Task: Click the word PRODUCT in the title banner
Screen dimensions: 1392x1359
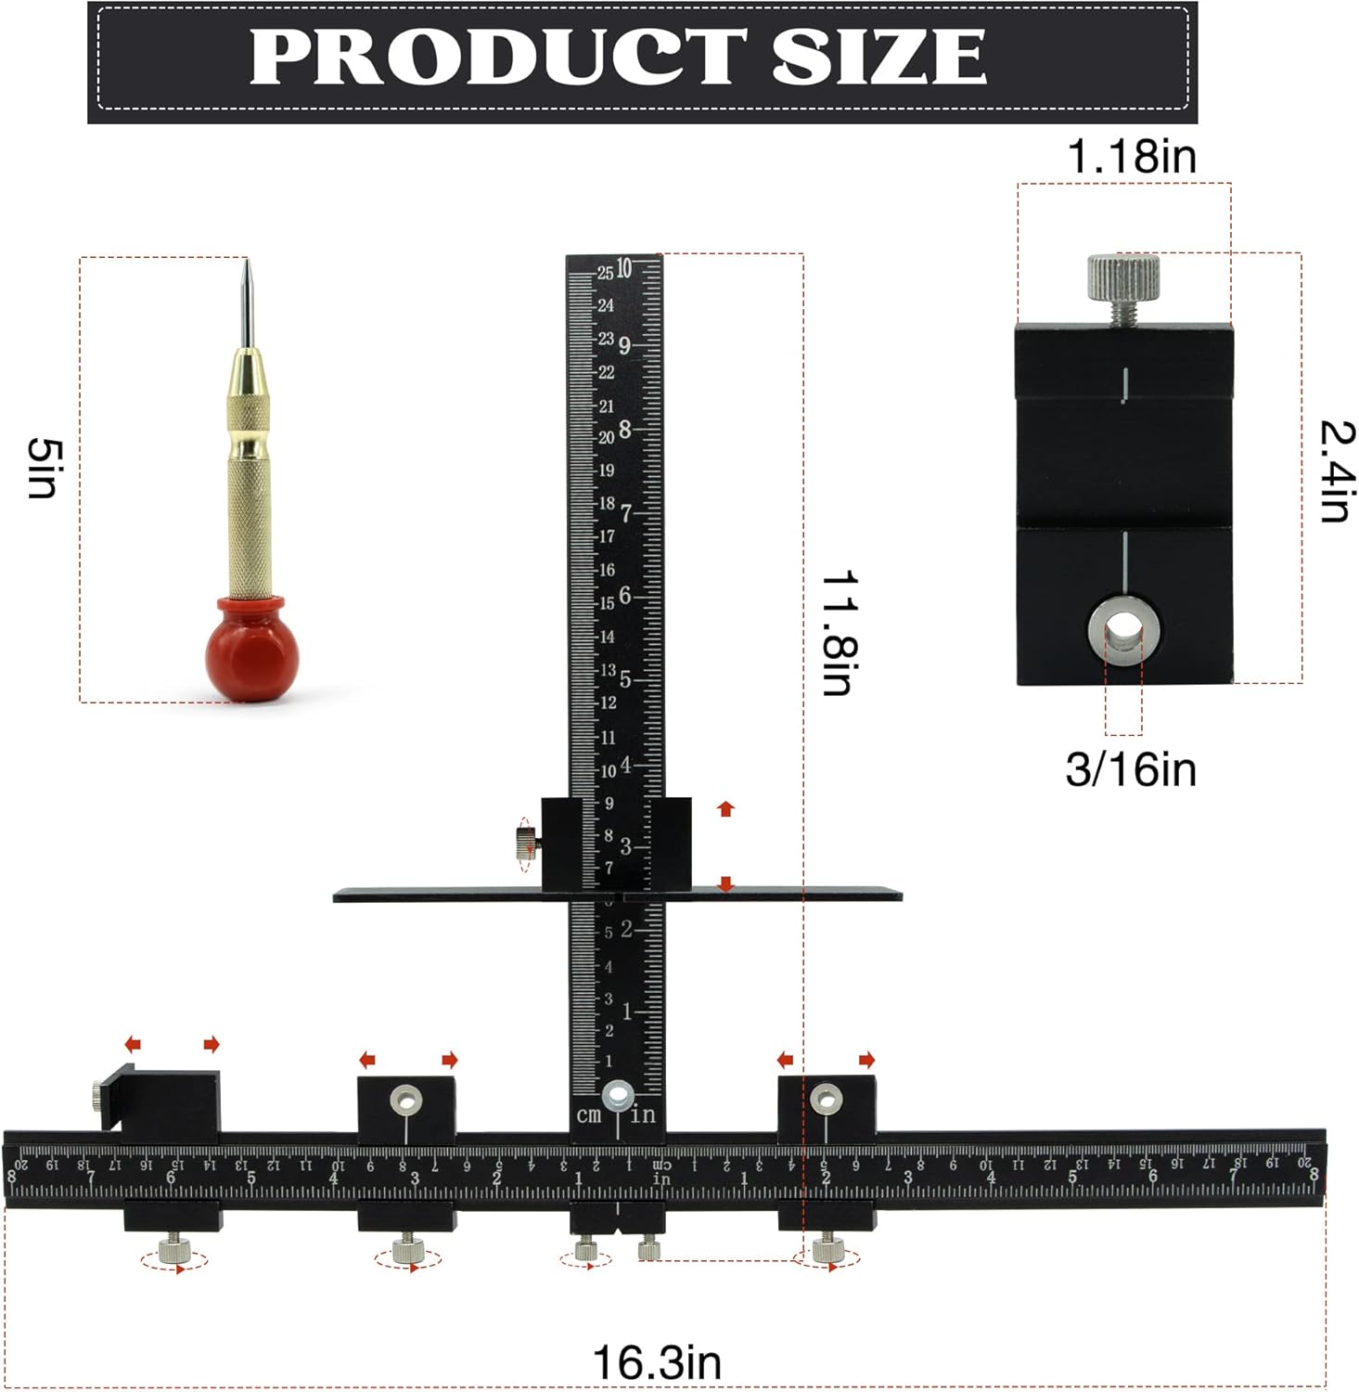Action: [x=497, y=57]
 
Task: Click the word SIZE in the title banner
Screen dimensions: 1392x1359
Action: [x=878, y=57]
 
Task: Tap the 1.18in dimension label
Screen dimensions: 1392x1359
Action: [x=1131, y=156]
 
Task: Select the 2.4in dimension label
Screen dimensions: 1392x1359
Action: [x=1337, y=471]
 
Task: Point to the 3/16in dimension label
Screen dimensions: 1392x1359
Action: [x=1130, y=770]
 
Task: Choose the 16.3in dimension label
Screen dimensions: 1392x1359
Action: [x=656, y=1362]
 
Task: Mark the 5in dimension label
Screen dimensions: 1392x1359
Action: [x=44, y=468]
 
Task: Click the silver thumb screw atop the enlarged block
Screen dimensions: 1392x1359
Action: [x=1123, y=277]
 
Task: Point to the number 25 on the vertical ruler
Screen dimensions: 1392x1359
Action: [x=605, y=273]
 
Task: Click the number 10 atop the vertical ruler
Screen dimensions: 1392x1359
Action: [x=624, y=268]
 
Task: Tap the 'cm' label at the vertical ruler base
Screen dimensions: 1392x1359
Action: [x=588, y=1115]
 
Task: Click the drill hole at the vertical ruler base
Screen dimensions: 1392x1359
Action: [x=618, y=1096]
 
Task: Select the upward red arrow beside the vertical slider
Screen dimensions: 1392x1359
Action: [x=725, y=808]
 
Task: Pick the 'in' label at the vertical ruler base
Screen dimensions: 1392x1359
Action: [x=643, y=1115]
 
